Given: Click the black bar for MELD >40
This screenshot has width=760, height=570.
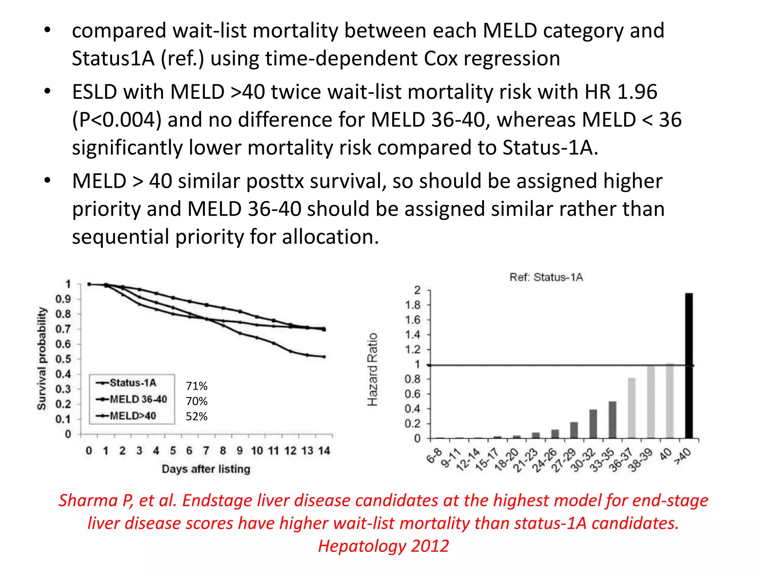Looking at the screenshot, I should (689, 366).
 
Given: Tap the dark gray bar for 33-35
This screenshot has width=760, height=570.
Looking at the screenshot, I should (612, 419).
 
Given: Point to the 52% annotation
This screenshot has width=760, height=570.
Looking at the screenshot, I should (197, 416).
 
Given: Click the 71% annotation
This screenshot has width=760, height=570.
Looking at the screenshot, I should (197, 386).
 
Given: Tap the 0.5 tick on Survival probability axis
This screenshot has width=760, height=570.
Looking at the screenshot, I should (63, 359).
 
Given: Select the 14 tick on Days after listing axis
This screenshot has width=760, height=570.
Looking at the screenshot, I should (324, 451).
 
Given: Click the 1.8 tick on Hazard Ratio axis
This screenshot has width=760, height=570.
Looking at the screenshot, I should (413, 305).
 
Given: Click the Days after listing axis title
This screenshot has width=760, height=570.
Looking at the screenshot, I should (206, 469).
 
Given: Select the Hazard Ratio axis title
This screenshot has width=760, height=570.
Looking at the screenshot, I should (372, 369).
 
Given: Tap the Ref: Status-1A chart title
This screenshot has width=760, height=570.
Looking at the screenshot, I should (546, 277).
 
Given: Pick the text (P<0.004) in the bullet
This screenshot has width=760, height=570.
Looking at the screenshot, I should (117, 120).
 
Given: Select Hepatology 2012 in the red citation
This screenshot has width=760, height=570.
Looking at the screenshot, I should (383, 546).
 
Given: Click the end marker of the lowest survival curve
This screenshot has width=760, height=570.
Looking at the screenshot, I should (324, 357).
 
